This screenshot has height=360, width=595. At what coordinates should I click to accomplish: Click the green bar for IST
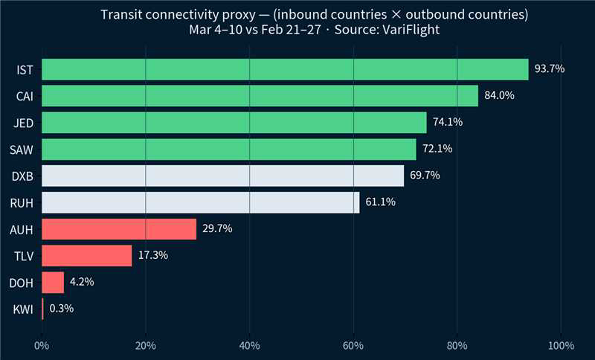coord(285,69)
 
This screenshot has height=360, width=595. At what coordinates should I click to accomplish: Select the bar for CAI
coord(260,96)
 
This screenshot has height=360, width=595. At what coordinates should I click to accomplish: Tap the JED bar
coord(234,122)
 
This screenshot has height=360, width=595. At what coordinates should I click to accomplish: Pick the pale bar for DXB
coord(222,176)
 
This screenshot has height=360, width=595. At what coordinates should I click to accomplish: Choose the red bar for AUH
coord(119,229)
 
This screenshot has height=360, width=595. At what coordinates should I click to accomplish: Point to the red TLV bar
coord(86,256)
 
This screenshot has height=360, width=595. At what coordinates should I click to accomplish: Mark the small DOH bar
coord(53,282)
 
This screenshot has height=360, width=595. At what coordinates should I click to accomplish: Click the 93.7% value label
coord(550,69)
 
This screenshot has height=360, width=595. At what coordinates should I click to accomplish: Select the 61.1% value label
coord(381,202)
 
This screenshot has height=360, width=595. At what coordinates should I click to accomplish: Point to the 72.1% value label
coord(437,149)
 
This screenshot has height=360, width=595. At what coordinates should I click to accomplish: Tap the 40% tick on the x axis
coord(250,345)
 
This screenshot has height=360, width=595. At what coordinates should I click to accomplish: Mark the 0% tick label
coord(42,345)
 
